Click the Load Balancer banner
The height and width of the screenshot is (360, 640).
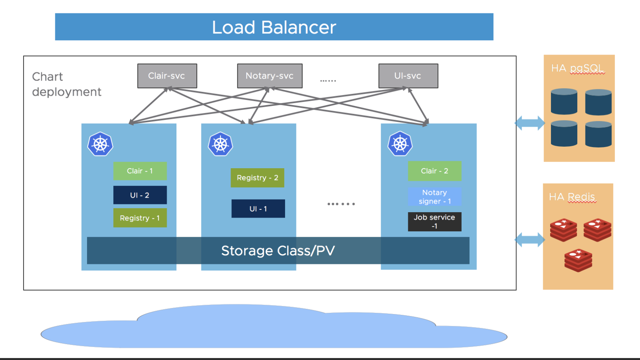tap(274, 27)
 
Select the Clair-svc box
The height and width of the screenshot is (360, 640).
tap(167, 76)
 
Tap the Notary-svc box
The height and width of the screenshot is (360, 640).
tap(270, 76)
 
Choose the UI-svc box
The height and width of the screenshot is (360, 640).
tap(408, 76)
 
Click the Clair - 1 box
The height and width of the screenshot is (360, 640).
tap(140, 171)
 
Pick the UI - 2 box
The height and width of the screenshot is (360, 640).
tap(140, 195)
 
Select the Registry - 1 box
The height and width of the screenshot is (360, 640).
tap(140, 218)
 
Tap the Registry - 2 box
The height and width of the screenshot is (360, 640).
tap(257, 178)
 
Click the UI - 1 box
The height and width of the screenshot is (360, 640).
tap(258, 209)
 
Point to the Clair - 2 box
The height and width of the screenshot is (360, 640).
tap(435, 171)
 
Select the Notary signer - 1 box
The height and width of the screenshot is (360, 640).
tap(435, 197)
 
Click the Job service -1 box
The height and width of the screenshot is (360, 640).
tap(435, 222)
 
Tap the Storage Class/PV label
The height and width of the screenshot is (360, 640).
tap(278, 251)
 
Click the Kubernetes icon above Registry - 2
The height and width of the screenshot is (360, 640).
tap(220, 144)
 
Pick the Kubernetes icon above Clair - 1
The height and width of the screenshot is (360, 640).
tap(100, 144)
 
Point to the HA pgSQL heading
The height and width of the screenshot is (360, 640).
tap(578, 69)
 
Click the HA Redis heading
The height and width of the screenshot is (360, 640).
tap(572, 197)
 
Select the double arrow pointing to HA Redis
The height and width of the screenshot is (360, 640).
tap(530, 240)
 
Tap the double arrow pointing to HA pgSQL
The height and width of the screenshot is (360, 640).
tap(530, 123)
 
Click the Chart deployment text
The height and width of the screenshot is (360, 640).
tap(66, 84)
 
